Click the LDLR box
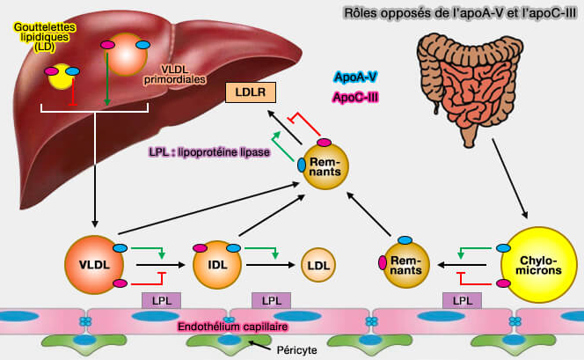click(252, 92)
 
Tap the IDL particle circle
click(215, 263)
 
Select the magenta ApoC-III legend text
click(355, 97)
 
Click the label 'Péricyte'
click(295, 350)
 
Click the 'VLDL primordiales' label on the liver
click(192, 73)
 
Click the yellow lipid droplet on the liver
click(64, 76)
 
